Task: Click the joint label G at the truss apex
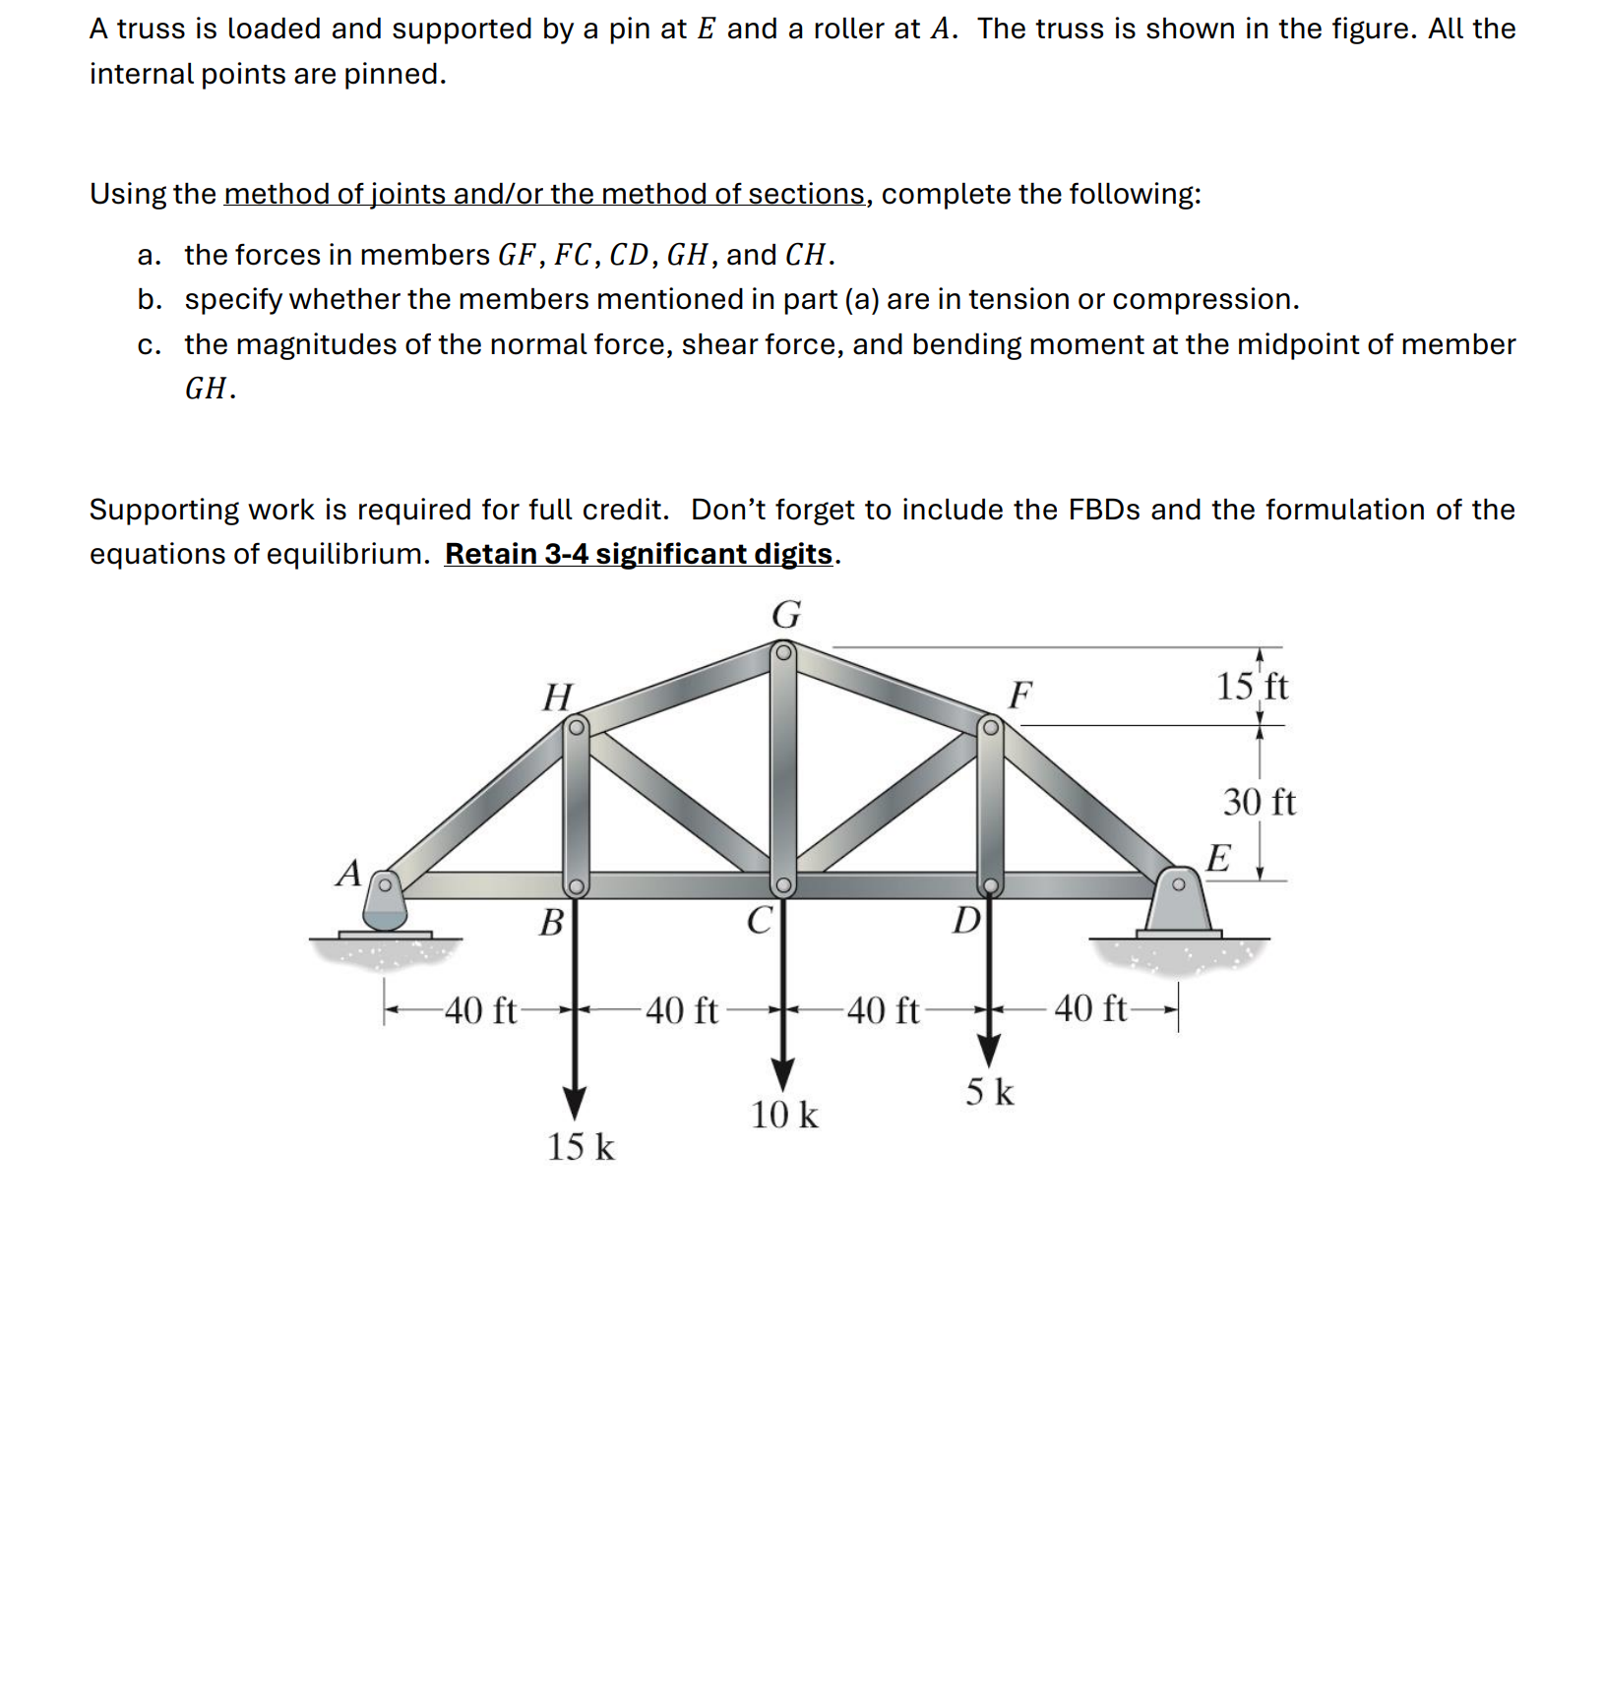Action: (786, 615)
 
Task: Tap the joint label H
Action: (558, 697)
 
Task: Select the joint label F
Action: (1020, 695)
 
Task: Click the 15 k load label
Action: (581, 1147)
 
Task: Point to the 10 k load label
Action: (784, 1116)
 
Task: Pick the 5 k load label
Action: (989, 1092)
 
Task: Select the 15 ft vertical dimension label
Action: (1252, 686)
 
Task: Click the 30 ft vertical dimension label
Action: (1259, 802)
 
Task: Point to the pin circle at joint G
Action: (783, 652)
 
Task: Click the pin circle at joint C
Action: (782, 884)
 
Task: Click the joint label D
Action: (967, 921)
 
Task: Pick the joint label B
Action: (553, 923)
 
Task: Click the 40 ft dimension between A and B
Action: (480, 1010)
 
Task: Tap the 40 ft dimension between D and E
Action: (1090, 1008)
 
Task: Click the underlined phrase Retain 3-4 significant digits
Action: (639, 554)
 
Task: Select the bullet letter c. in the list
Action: (150, 344)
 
